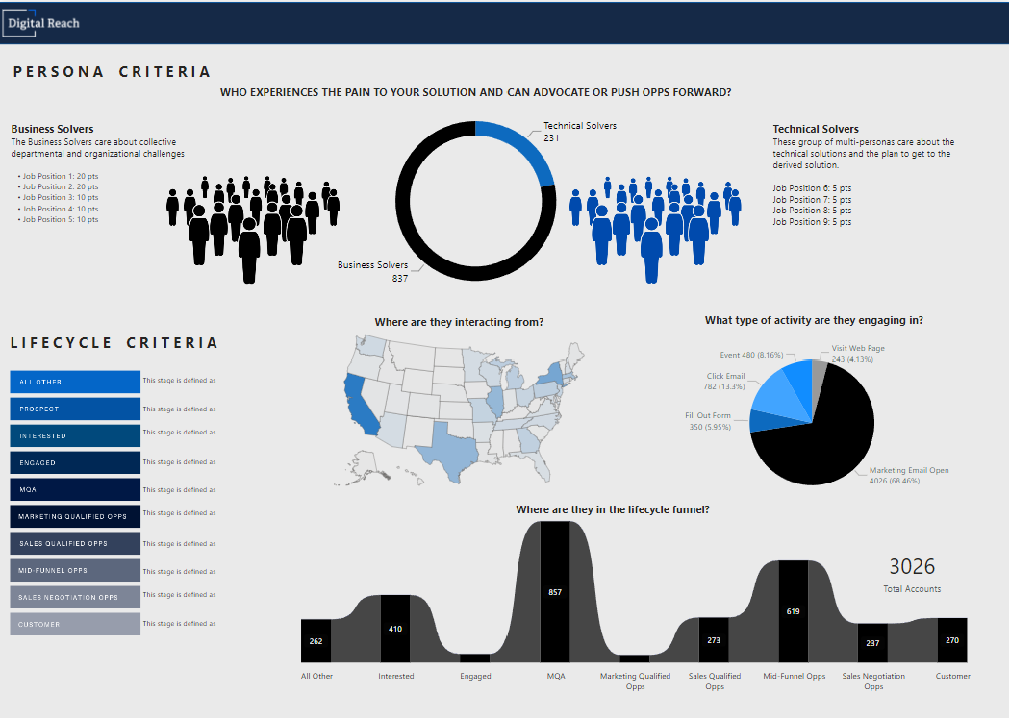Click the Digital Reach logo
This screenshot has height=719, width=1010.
(x=43, y=22)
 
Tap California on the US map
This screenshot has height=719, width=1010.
(x=359, y=404)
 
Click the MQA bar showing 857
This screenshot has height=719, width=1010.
(x=555, y=592)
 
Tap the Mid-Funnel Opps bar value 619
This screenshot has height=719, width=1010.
(x=793, y=611)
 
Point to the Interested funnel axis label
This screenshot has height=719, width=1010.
(x=396, y=676)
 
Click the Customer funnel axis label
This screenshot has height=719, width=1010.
(x=952, y=676)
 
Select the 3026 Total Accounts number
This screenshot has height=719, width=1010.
(x=912, y=567)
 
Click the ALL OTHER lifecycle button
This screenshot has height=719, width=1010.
(x=75, y=382)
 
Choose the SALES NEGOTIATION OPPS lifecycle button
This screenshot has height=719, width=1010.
(x=75, y=597)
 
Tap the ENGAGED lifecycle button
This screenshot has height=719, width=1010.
(x=75, y=462)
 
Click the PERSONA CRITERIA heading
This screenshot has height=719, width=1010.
(x=112, y=72)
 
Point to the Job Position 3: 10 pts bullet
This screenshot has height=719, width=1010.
(x=61, y=197)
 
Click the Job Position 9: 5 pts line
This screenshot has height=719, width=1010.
(x=812, y=222)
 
